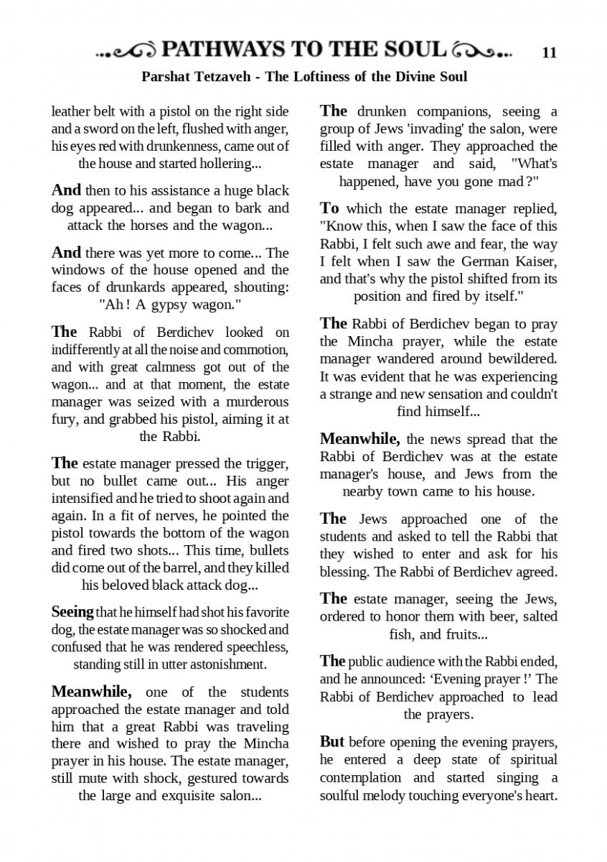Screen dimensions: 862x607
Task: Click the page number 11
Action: (x=550, y=52)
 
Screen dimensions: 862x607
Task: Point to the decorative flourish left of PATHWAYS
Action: (x=128, y=50)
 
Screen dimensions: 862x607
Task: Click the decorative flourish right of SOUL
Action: (x=483, y=50)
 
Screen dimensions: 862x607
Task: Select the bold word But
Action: (x=331, y=742)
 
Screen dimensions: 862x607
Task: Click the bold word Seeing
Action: (x=72, y=612)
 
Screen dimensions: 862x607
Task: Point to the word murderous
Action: (x=246, y=402)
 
